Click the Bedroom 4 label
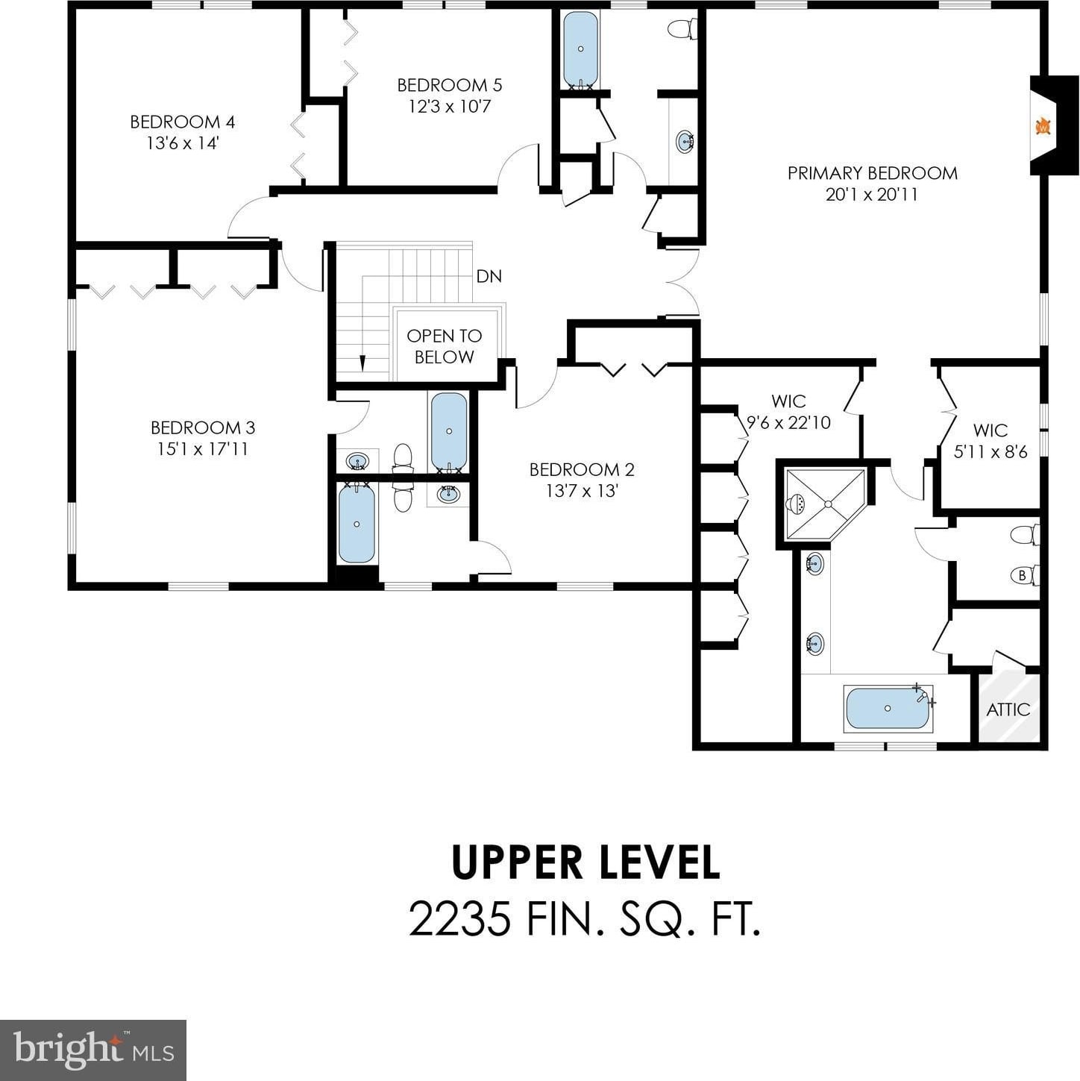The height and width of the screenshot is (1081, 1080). tap(182, 122)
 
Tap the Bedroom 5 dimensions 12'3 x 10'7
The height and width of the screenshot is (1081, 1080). tap(450, 106)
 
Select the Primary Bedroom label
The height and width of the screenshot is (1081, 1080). tap(873, 173)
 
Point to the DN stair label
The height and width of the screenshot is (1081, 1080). tap(489, 276)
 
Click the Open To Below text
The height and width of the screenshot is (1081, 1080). tap(444, 346)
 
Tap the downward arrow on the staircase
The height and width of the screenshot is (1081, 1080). tap(362, 363)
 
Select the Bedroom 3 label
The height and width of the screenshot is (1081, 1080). tap(203, 427)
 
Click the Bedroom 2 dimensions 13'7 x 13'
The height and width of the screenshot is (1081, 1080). tap(582, 491)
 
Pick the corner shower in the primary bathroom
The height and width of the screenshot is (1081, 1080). tap(824, 504)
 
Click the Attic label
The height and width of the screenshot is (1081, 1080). tap(1008, 709)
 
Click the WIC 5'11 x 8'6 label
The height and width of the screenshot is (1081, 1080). tap(990, 441)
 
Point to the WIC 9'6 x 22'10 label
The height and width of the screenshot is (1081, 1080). tap(788, 411)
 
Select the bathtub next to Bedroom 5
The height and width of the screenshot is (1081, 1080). tap(580, 49)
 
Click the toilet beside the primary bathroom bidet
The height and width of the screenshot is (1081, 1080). tap(1025, 534)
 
